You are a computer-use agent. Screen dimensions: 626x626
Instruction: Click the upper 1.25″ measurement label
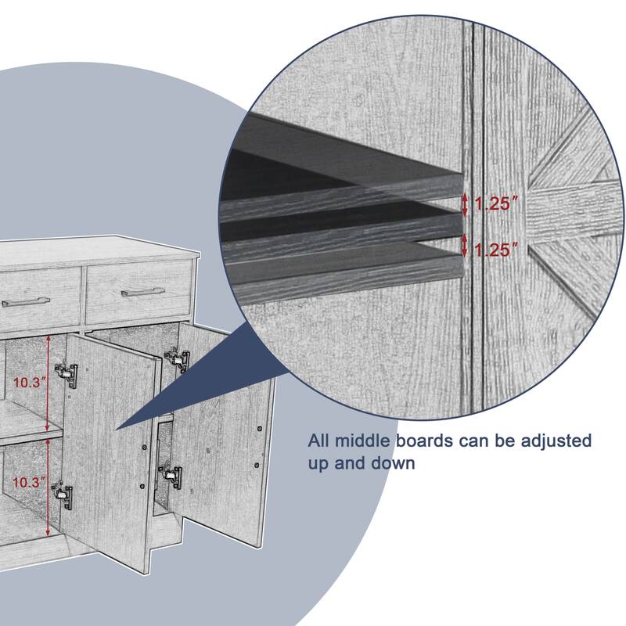497,204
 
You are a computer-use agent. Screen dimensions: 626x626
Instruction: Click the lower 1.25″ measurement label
497,250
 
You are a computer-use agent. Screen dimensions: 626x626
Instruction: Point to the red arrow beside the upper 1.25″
464,205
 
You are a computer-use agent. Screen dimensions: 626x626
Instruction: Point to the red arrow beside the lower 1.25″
464,246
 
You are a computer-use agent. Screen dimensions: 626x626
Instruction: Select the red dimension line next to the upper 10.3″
48,383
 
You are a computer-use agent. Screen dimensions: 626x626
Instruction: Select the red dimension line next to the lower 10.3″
48,486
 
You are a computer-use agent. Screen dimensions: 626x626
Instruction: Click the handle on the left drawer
25,301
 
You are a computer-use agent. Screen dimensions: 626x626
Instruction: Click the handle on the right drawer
143,292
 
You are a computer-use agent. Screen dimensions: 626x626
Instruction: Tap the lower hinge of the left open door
63,496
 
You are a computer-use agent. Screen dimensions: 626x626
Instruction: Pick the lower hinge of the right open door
171,477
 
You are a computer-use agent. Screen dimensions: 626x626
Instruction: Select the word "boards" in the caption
424,441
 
